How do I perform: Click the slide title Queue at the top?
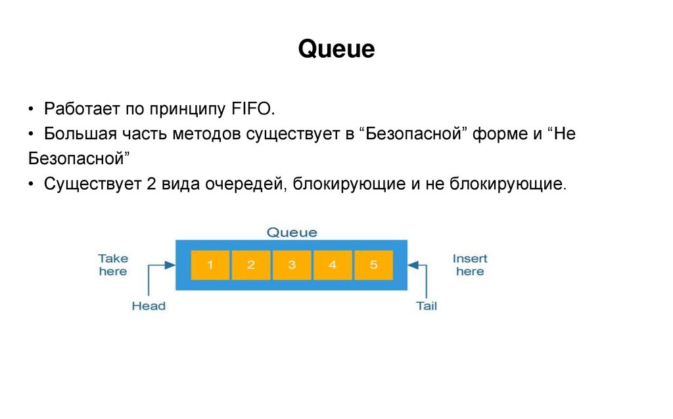coord(336,49)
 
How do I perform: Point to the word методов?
coord(208,133)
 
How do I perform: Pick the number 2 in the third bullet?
coord(150,183)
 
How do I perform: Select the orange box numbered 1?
coord(210,265)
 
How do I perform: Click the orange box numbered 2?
coord(251,265)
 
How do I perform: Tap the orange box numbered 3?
coord(292,265)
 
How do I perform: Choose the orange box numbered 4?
coord(333,265)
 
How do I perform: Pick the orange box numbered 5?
coord(373,265)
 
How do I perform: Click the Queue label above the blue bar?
coord(291,232)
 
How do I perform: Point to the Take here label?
coord(113,265)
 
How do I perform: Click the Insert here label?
coord(470,265)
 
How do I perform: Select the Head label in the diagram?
coord(149,305)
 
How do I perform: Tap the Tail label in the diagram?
coord(427,305)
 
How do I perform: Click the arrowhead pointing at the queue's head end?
coord(170,265)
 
